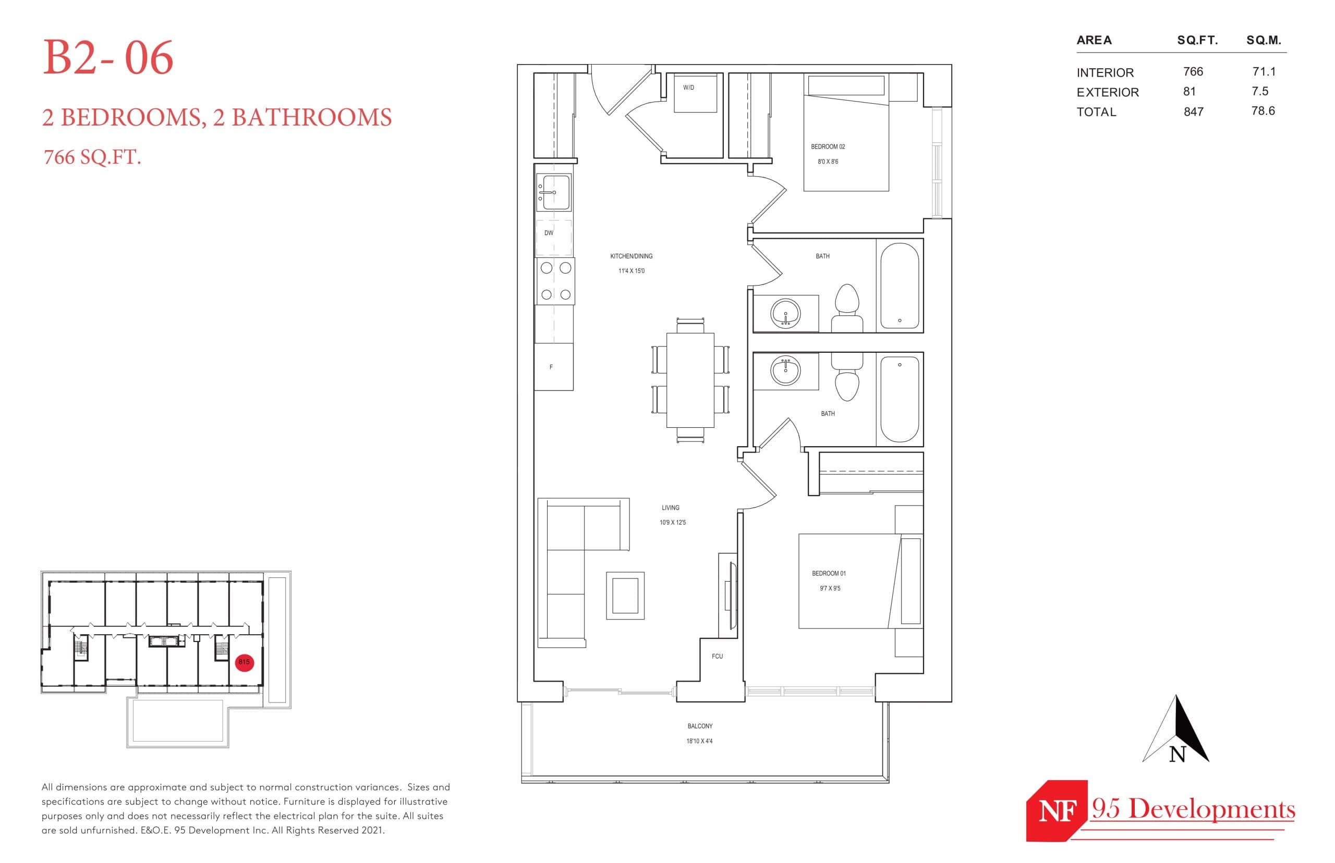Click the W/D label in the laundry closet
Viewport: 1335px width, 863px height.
tap(688, 88)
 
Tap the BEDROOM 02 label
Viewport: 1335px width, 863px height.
tap(827, 147)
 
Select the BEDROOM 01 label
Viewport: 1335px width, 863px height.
tap(828, 573)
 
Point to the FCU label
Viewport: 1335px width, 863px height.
tap(717, 656)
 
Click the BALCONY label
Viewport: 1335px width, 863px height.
tap(700, 726)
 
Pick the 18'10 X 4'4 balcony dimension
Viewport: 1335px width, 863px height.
tap(699, 741)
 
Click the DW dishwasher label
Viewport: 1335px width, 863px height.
tap(549, 233)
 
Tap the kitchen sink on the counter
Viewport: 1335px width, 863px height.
tap(554, 192)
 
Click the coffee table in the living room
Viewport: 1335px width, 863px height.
tap(625, 596)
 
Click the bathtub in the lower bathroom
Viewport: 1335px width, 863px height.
tap(899, 400)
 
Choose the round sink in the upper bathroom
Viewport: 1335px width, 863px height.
tap(785, 313)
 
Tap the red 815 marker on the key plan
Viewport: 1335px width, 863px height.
tap(244, 662)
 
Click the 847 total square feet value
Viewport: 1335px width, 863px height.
tap(1193, 112)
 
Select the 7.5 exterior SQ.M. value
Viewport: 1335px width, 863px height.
tap(1259, 91)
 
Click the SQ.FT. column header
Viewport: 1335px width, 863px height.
tap(1197, 40)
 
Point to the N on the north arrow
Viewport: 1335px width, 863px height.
tap(1177, 754)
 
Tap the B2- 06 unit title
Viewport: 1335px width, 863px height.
tap(108, 58)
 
